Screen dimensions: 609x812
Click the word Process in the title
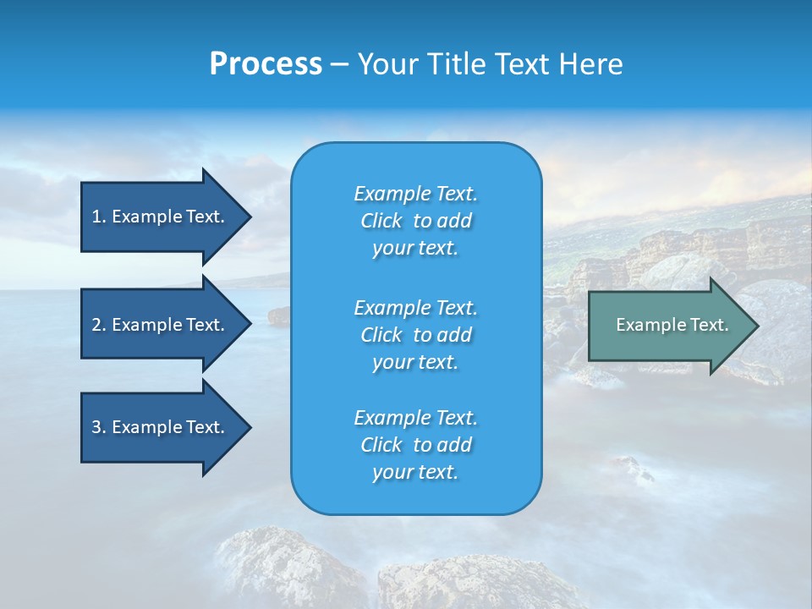pyautogui.click(x=266, y=64)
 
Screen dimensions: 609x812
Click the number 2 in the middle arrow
pyautogui.click(x=96, y=325)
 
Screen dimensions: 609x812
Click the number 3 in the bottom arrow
pyautogui.click(x=96, y=427)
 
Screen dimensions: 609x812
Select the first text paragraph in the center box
pyautogui.click(x=415, y=221)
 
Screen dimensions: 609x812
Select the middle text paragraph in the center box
pyautogui.click(x=415, y=335)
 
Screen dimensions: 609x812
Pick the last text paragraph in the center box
pyautogui.click(x=415, y=445)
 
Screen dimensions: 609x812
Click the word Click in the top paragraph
pyautogui.click(x=381, y=221)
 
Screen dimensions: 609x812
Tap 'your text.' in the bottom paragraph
pyautogui.click(x=415, y=472)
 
